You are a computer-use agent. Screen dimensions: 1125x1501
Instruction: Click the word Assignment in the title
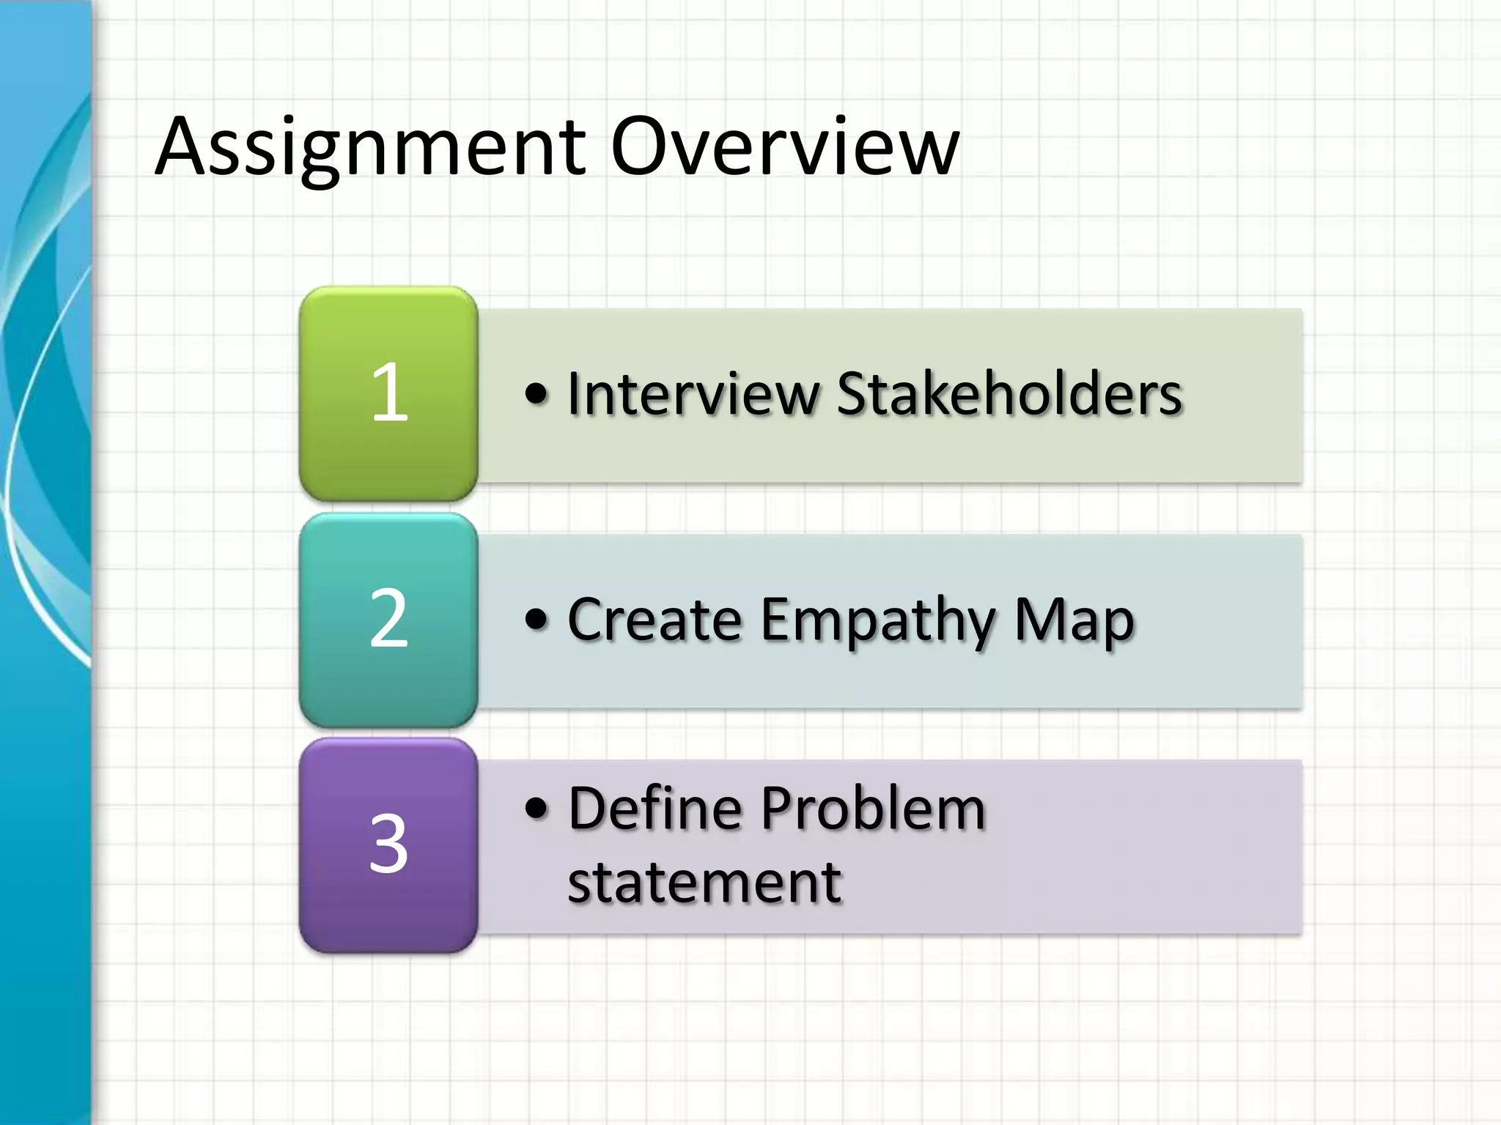pyautogui.click(x=370, y=148)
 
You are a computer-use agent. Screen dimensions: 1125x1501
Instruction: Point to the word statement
pyautogui.click(x=704, y=883)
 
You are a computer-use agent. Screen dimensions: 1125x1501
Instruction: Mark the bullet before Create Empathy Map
pyautogui.click(x=536, y=620)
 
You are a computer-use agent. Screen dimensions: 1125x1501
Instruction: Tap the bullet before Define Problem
pyautogui.click(x=536, y=809)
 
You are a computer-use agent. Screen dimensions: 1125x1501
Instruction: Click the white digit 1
pyautogui.click(x=389, y=393)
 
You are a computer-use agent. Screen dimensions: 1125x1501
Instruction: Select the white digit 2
pyautogui.click(x=388, y=619)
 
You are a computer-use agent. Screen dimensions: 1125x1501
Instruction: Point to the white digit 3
pyautogui.click(x=388, y=844)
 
